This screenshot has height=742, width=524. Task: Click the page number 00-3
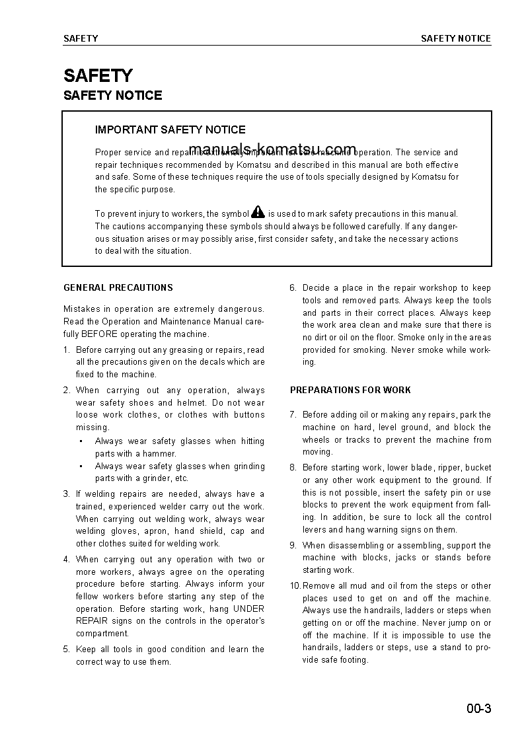pos(478,710)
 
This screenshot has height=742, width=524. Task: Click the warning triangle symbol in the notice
pos(258,212)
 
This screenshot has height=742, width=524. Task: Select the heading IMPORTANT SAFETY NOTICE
pos(170,130)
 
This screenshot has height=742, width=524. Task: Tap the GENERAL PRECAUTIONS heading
pos(118,287)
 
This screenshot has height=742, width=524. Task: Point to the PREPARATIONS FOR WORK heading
pos(350,390)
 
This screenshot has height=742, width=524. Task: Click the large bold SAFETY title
pos(98,75)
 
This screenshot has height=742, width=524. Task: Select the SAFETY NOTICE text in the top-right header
pos(456,38)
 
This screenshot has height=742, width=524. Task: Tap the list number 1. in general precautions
pos(67,350)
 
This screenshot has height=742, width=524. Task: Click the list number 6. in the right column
pos(293,288)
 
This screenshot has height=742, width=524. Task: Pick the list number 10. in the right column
pos(295,586)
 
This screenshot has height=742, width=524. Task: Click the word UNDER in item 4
pos(249,609)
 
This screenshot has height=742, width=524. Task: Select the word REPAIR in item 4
pos(91,621)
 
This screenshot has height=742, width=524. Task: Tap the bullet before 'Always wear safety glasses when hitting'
pos(81,441)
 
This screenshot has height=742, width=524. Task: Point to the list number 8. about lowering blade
pos(293,468)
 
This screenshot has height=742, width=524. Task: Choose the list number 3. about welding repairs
pos(67,494)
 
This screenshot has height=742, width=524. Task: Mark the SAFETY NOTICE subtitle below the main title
pos(112,96)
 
